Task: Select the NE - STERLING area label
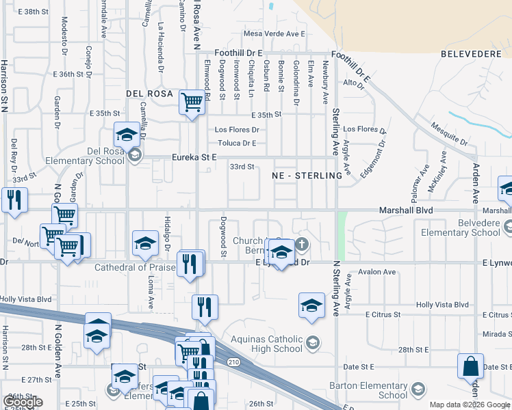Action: pos(306,176)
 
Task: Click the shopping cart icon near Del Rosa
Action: pos(192,103)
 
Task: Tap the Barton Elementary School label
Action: pos(393,389)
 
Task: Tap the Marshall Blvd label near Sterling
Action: pos(406,211)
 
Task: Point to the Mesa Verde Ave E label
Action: pos(274,33)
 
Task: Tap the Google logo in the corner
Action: pos(23,401)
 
